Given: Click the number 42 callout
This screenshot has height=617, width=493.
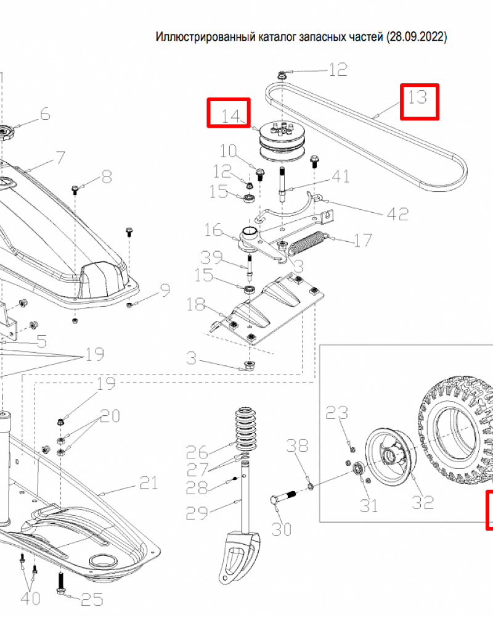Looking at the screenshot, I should click(x=397, y=213).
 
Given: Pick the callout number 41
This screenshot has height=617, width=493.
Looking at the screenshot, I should click(x=339, y=177).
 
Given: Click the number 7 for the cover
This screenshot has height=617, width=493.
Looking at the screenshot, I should click(x=60, y=157).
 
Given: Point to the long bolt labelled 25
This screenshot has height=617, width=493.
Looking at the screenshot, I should click(x=62, y=581).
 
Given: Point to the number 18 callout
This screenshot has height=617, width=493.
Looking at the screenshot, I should click(x=196, y=305).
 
